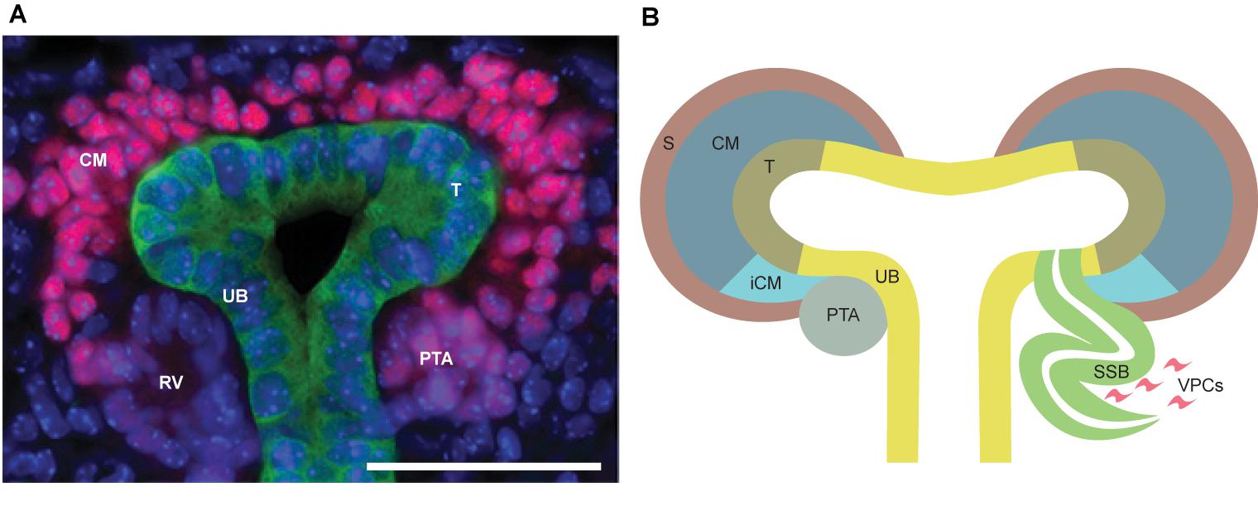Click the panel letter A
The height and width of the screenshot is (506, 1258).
click(17, 16)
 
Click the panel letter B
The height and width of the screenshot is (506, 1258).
click(651, 16)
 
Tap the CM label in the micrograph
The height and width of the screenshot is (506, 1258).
click(94, 160)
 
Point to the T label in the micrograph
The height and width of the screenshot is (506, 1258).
click(454, 190)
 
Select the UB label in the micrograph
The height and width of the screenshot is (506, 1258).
click(236, 294)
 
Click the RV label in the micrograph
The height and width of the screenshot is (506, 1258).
click(170, 382)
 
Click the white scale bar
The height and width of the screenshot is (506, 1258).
click(483, 467)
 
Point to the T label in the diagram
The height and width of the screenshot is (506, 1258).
click(770, 166)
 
